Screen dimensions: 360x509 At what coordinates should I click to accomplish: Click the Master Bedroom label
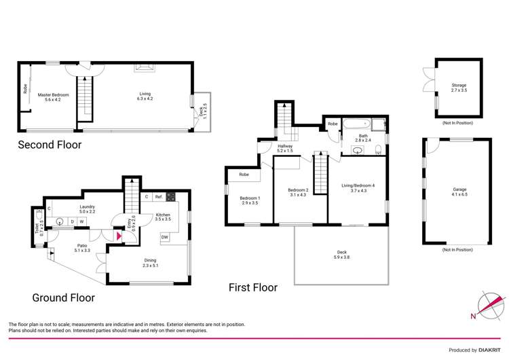click(x=48, y=96)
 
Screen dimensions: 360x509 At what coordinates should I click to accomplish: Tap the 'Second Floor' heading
click(x=50, y=144)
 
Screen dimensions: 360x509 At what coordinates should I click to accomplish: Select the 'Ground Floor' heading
click(x=63, y=298)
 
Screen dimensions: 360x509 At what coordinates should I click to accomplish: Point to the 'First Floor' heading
click(x=252, y=287)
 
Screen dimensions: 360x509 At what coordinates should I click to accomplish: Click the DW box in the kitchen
click(x=165, y=237)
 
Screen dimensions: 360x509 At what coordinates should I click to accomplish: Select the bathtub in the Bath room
click(x=355, y=124)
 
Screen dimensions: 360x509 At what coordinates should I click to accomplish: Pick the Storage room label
click(x=459, y=87)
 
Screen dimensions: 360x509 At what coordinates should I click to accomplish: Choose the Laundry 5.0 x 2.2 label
click(x=86, y=209)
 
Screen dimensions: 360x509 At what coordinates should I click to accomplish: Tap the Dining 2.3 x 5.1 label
click(x=149, y=263)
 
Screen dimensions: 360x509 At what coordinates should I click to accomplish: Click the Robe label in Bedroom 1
click(x=242, y=175)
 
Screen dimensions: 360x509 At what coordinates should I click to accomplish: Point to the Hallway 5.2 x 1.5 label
click(x=285, y=148)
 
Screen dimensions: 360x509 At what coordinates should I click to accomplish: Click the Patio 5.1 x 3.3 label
click(x=82, y=249)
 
